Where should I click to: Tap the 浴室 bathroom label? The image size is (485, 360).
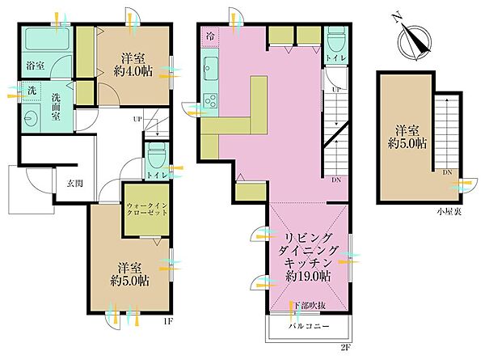pos(35,66)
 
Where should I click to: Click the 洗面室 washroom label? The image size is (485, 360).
pos(56,107)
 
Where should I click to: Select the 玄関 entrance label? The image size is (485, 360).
pos(75,184)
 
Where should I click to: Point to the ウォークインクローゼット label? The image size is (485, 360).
pos(147,209)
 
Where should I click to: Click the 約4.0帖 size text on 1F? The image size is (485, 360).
pos(133,72)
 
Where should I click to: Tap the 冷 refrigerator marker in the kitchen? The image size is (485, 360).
pos(210,36)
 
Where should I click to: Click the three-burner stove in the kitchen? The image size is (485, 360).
pos(210,100)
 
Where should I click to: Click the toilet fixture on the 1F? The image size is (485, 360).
pos(156,155)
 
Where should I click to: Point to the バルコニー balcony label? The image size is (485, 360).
pos(309,326)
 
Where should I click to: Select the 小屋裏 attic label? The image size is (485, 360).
pos(449,212)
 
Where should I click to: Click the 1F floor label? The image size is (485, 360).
pos(168,322)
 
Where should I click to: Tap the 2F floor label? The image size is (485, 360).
pos(346,347)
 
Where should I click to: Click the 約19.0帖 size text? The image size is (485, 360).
pos(308,276)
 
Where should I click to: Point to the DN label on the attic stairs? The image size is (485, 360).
pos(447,173)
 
